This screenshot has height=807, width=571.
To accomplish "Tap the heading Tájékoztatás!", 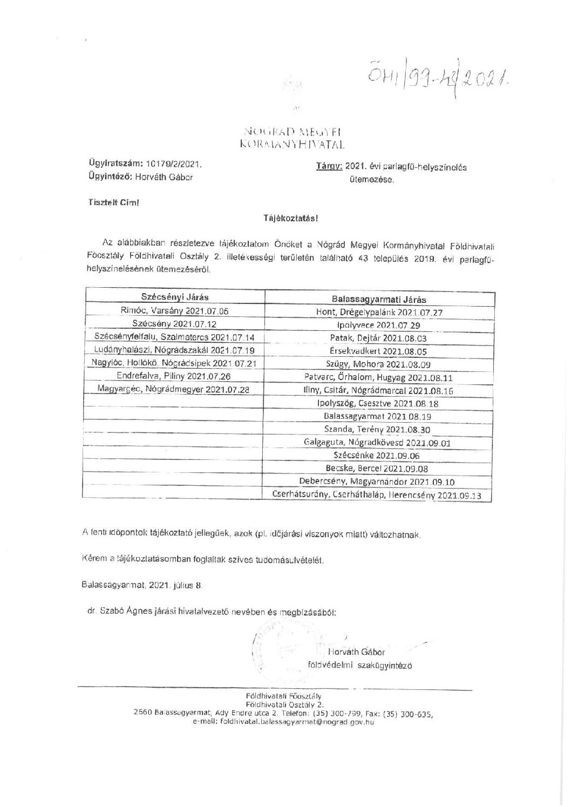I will click(290, 219).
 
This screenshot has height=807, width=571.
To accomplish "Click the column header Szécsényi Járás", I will click(174, 297).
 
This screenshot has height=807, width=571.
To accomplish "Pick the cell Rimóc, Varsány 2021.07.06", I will click(175, 310).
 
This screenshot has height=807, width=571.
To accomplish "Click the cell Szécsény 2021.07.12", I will click(175, 323).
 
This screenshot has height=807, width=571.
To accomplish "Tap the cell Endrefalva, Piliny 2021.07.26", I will click(175, 376).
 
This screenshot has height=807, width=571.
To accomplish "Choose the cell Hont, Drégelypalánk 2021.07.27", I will click(379, 313).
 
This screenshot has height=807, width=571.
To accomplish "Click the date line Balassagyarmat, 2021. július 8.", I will click(142, 585).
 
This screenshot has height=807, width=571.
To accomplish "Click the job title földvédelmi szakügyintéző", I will click(359, 666).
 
